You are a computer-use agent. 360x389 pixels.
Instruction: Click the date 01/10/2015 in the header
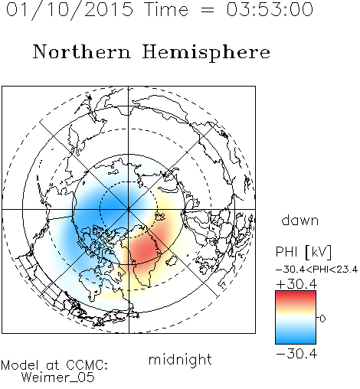(x=70, y=10)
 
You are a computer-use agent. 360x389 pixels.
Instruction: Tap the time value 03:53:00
(x=270, y=9)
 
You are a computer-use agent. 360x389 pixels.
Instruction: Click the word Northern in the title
(x=82, y=51)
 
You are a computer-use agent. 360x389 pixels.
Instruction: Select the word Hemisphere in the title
(x=206, y=53)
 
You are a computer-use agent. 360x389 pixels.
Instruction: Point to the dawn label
(x=300, y=220)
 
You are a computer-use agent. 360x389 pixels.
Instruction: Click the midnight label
(x=180, y=359)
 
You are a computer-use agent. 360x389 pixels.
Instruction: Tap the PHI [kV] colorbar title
(x=304, y=252)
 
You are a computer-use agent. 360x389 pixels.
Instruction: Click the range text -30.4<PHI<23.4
(x=316, y=270)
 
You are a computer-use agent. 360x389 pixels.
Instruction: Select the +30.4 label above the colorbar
(x=296, y=284)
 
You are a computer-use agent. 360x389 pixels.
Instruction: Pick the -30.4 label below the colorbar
(x=296, y=354)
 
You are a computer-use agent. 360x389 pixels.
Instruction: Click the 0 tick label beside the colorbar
(x=322, y=319)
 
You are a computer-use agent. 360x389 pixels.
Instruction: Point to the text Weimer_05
(x=58, y=378)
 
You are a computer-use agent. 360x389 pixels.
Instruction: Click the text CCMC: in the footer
(x=87, y=365)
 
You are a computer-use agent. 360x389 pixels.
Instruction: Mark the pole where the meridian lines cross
(x=129, y=209)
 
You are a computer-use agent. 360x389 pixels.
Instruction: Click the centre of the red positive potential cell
(x=144, y=249)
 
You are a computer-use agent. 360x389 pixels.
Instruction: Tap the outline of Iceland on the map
(x=172, y=261)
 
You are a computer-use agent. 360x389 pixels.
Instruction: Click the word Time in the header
(x=166, y=9)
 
